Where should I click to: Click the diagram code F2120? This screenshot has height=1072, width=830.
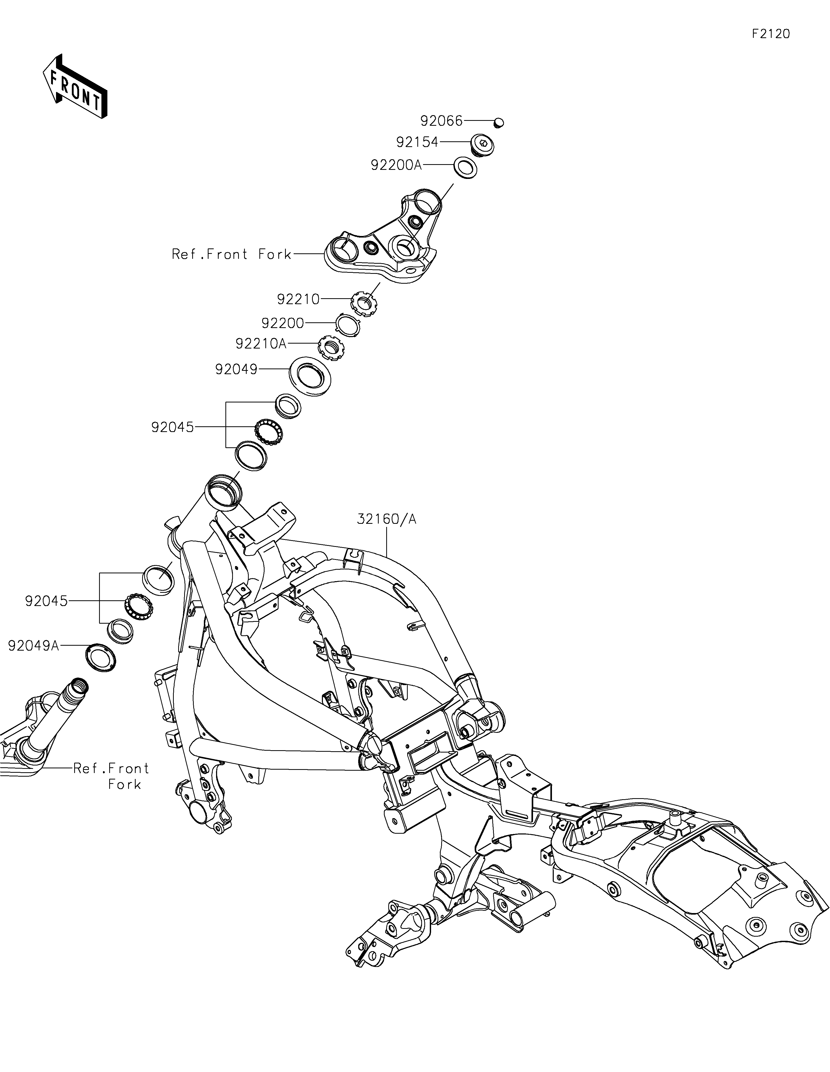[771, 34]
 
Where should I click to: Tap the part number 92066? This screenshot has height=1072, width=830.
[441, 121]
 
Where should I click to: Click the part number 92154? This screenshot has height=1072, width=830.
[417, 142]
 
